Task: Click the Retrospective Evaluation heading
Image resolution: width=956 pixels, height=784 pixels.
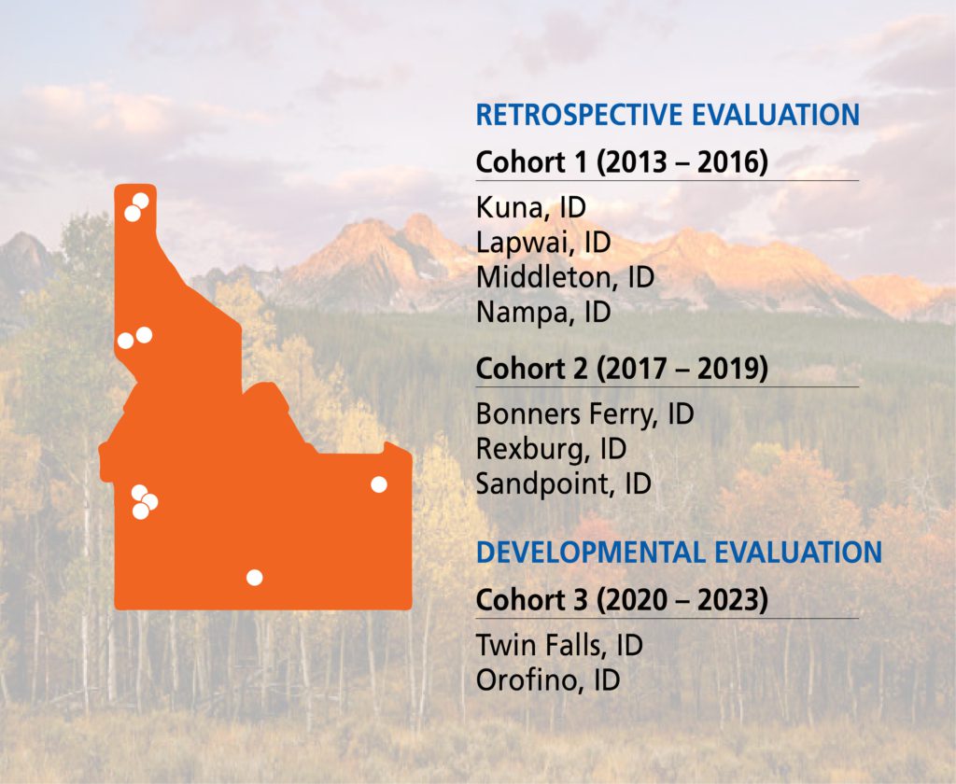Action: point(668,115)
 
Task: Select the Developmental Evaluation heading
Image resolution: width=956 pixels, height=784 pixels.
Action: point(679,553)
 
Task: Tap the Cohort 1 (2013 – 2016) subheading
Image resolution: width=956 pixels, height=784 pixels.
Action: point(621,162)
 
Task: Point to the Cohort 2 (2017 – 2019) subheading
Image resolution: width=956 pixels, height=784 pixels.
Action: point(621,369)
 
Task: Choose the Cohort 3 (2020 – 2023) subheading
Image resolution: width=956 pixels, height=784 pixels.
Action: point(621,600)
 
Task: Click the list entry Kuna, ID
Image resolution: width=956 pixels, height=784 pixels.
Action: point(530,207)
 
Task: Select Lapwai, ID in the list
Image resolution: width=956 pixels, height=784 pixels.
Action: point(542,243)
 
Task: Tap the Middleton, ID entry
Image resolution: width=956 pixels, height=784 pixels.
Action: point(565,277)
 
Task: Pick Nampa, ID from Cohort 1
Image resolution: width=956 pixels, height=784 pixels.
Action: point(542,313)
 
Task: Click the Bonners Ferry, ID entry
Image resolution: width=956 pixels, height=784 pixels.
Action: point(584,414)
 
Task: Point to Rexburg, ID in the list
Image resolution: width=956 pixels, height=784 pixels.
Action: point(551,449)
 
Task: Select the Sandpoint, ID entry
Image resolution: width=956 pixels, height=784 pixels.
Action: point(563,484)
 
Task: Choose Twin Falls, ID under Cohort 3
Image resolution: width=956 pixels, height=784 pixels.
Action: point(559,646)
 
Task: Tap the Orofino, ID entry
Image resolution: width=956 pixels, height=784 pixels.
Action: point(547,680)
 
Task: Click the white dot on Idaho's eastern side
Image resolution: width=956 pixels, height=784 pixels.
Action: point(379,484)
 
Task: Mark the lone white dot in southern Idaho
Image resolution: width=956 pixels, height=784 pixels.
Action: point(254,578)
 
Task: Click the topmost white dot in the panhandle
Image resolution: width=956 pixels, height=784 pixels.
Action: point(141,201)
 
